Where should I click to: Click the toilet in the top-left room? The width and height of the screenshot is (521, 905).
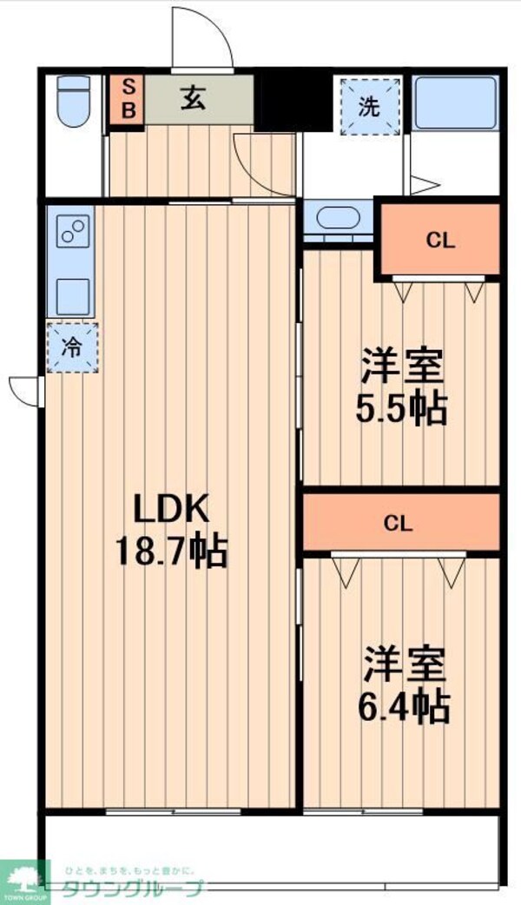(x=73, y=102)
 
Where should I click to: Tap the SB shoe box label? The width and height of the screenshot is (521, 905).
(x=127, y=98)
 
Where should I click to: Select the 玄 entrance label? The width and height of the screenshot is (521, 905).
(x=193, y=98)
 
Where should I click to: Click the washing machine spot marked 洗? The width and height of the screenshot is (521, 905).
(x=370, y=107)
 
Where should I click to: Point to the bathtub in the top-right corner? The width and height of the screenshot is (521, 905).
(x=453, y=103)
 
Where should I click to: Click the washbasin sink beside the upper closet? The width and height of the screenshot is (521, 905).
(x=335, y=217)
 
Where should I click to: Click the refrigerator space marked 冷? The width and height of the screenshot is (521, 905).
(x=72, y=347)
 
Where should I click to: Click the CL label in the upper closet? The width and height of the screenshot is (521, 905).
(x=440, y=241)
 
